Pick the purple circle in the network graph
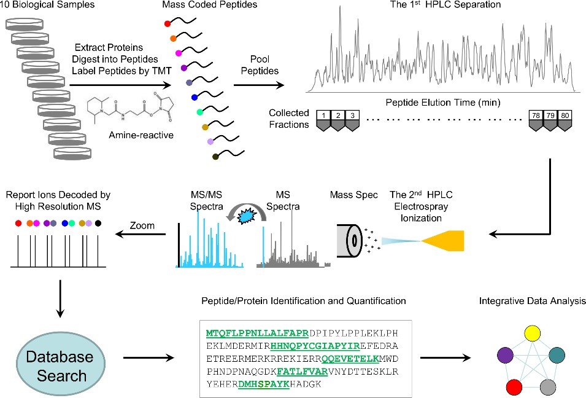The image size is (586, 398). click(505, 354)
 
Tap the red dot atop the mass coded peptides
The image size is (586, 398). click(167, 23)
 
